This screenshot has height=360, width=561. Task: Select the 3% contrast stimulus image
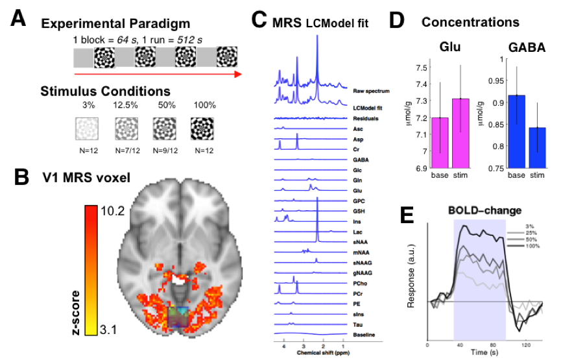[88, 125]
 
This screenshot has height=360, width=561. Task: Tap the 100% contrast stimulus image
[204, 125]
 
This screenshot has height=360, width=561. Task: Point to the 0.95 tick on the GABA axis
[497, 81]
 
